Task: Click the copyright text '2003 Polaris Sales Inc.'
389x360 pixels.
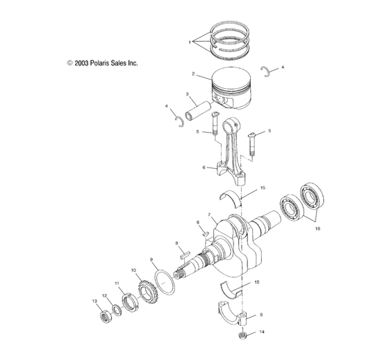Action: pyautogui.click(x=102, y=63)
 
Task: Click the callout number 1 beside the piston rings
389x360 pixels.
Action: pyautogui.click(x=190, y=42)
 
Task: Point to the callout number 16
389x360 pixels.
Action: pyautogui.click(x=317, y=227)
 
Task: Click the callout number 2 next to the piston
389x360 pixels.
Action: pyautogui.click(x=193, y=73)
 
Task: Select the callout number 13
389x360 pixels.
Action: pyautogui.click(x=94, y=301)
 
